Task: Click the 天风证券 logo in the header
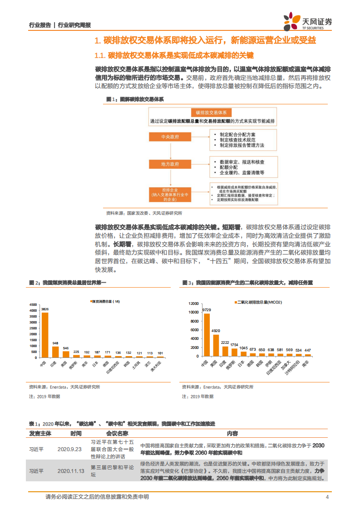click(307, 21)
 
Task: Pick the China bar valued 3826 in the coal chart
click(44, 334)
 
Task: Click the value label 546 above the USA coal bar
click(66, 348)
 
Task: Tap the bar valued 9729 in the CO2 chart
click(207, 335)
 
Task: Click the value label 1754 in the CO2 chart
click(234, 344)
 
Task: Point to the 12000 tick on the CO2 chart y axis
click(194, 303)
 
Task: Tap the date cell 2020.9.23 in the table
click(69, 449)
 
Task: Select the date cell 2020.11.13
click(71, 471)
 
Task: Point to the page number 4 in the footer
click(327, 497)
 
